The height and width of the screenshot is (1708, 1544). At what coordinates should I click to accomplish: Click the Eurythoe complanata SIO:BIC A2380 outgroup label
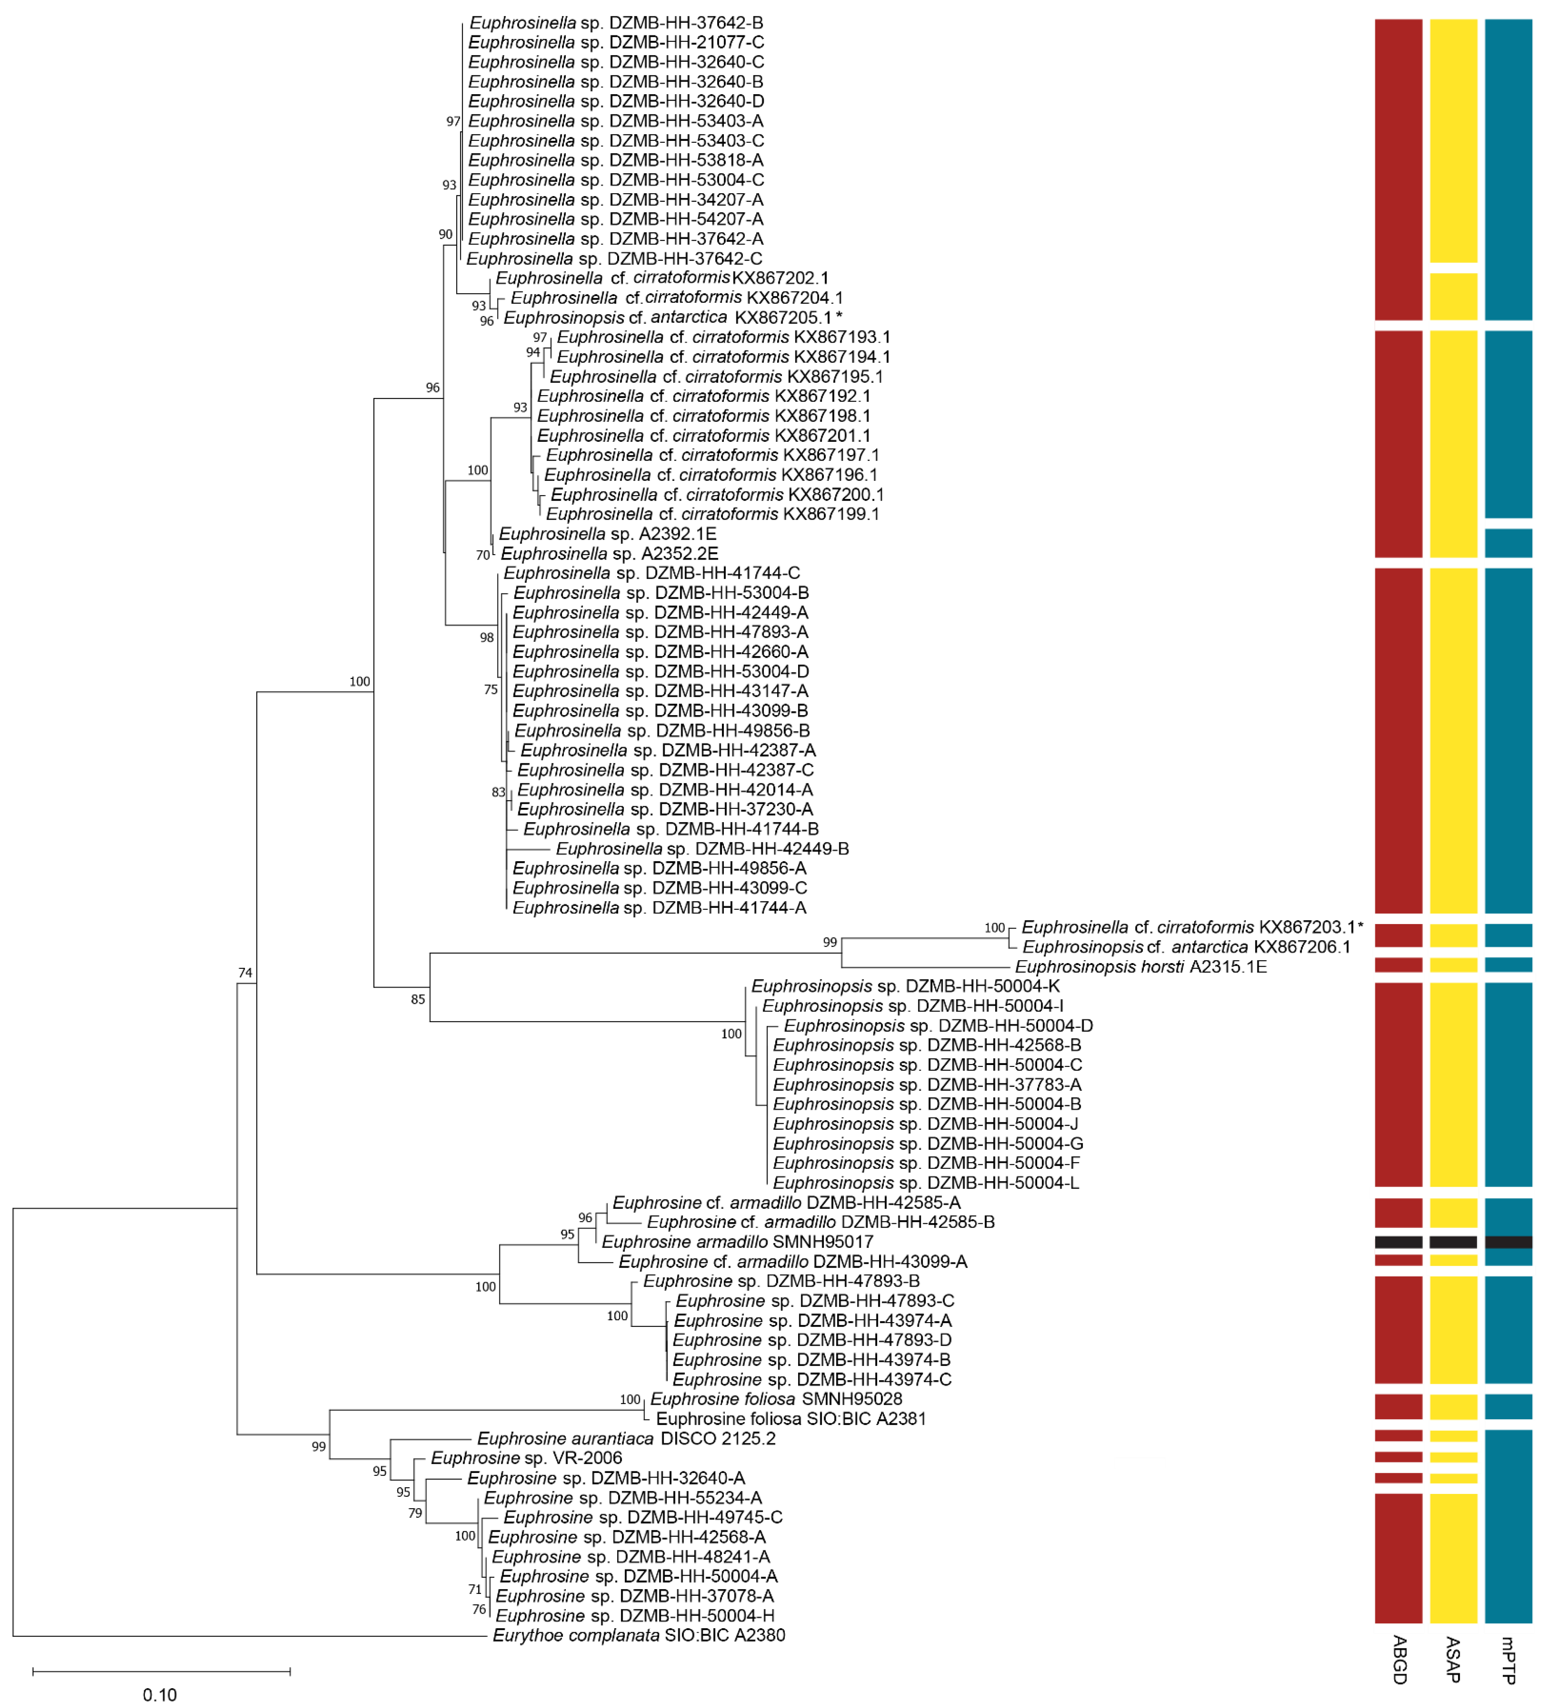[x=638, y=1635]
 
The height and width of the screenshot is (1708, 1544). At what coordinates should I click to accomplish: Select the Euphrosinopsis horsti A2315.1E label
[x=1140, y=967]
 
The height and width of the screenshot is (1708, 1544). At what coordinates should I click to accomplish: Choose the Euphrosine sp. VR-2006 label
[x=526, y=1458]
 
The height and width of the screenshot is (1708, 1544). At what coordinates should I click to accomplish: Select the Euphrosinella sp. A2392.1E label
[x=607, y=534]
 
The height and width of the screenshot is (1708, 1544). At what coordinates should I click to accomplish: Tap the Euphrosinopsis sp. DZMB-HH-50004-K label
[x=904, y=986]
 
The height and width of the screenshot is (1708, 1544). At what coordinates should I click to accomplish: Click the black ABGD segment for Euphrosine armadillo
[x=1398, y=1242]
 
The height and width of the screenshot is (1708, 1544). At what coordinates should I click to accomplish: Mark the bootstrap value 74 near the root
[x=245, y=973]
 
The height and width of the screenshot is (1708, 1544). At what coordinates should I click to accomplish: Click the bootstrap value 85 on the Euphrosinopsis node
[x=417, y=1000]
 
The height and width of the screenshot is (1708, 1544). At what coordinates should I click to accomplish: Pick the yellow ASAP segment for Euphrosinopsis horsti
[x=1454, y=965]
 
